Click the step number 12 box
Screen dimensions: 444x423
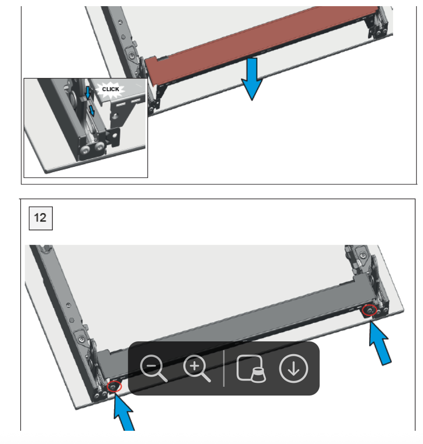[41, 217]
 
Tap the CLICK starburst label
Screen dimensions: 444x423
[111, 89]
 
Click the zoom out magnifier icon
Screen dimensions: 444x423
[153, 369]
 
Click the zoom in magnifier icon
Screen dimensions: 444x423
[196, 369]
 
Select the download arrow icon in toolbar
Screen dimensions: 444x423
[293, 369]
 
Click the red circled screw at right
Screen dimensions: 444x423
[369, 311]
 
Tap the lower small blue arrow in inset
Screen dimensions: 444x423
[91, 110]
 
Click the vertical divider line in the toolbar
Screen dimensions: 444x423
[224, 369]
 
